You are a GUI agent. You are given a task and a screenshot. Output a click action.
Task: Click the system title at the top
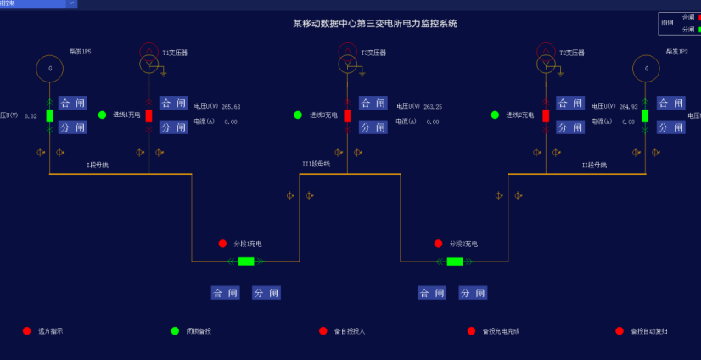point(374,23)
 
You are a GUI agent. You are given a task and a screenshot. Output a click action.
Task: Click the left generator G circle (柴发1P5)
point(50,69)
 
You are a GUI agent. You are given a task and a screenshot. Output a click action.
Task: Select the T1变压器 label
point(176,53)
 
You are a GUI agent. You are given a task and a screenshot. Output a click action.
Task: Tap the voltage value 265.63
point(231,107)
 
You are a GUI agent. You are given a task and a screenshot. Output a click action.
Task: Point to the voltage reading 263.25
point(433,107)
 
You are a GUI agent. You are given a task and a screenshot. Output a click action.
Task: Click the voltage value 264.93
point(628,107)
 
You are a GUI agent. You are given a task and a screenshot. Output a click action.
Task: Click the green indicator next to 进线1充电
point(102,115)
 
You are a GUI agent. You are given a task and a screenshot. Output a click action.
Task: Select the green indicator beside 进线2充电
point(495,115)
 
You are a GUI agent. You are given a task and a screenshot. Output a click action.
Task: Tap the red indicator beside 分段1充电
point(222,244)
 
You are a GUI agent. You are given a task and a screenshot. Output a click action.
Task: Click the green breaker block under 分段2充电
point(455,261)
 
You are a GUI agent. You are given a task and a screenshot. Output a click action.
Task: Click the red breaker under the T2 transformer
point(546,115)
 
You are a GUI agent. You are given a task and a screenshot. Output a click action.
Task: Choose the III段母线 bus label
point(317,164)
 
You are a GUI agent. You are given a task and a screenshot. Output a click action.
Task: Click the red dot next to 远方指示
point(27,330)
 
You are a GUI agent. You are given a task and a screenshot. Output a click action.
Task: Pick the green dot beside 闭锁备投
point(175,330)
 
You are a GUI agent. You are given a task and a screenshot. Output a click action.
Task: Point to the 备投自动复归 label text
point(648,331)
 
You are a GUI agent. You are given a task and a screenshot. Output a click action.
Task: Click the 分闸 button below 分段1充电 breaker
point(266,293)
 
